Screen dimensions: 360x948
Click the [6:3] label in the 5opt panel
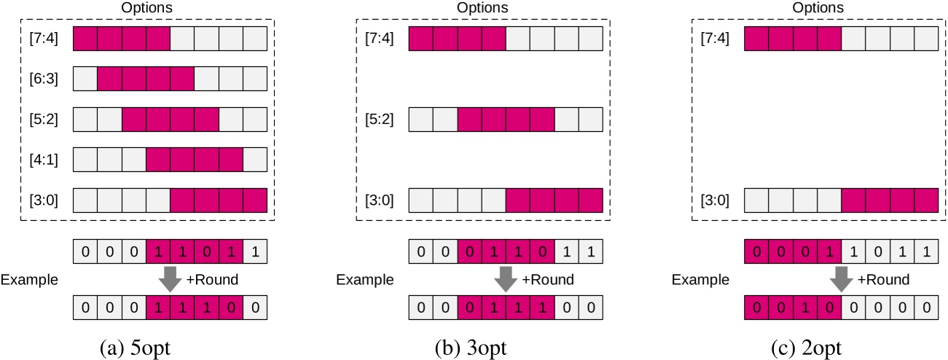click(42, 78)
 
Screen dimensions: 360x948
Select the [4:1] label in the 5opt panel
click(42, 160)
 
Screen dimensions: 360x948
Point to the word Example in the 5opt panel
click(29, 280)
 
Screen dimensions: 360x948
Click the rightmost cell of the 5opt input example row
click(255, 253)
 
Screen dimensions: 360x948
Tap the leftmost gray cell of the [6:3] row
click(85, 78)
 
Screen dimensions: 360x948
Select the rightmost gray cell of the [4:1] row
click(255, 160)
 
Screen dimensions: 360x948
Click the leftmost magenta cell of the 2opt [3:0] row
click(853, 200)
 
